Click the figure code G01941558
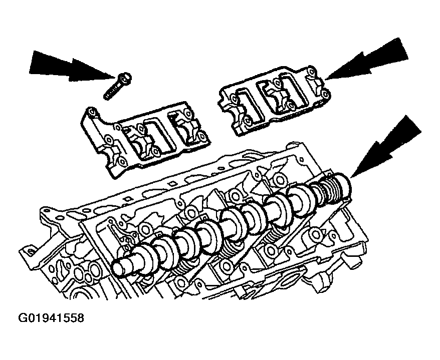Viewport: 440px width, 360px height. [51, 318]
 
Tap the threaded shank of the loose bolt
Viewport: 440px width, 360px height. [112, 91]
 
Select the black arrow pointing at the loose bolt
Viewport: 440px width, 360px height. [72, 67]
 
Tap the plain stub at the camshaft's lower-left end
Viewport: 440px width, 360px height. [125, 266]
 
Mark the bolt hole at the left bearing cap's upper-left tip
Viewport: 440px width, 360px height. [91, 112]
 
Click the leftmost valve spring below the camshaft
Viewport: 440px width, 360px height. [179, 270]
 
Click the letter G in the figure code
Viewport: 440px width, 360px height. [22, 318]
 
